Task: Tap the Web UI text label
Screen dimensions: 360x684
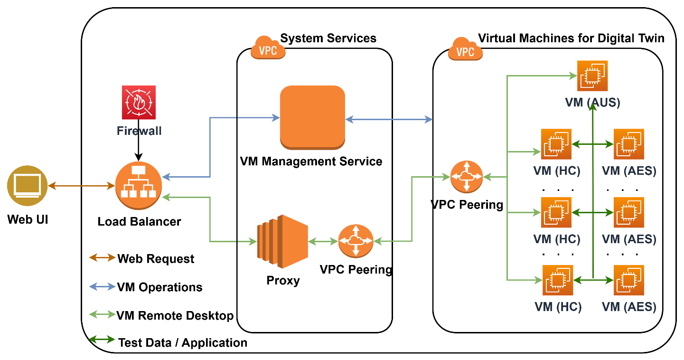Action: [x=28, y=220]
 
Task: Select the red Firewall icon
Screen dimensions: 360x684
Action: [x=139, y=102]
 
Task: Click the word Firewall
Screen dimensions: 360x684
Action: [x=139, y=131]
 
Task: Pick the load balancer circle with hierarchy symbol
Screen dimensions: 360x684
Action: [x=139, y=186]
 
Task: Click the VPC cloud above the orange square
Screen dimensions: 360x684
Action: [x=268, y=48]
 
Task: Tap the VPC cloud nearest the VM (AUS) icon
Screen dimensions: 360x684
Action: [x=465, y=49]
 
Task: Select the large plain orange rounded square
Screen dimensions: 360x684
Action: [x=312, y=117]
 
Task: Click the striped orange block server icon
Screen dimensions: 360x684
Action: [x=282, y=241]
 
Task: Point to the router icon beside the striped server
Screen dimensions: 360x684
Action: [x=356, y=241]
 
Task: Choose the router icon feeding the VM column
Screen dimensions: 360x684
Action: [x=466, y=177]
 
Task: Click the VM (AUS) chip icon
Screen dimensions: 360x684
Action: [x=592, y=76]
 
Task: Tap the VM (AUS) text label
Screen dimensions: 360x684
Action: [x=592, y=103]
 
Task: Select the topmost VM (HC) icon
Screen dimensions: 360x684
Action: [x=556, y=144]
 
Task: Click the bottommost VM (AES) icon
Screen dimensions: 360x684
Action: [x=629, y=280]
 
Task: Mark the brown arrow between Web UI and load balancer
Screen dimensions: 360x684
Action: [x=81, y=186]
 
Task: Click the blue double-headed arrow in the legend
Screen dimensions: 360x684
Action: [x=102, y=286]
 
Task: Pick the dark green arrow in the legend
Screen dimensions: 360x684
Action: [x=102, y=339]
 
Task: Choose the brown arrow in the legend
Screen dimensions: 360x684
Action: [x=102, y=257]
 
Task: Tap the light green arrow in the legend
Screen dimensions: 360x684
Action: [x=102, y=314]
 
